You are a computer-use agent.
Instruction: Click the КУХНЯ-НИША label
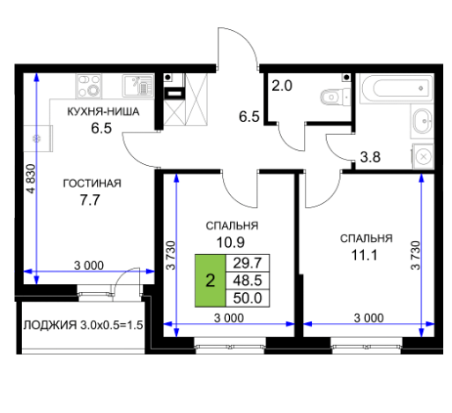click(103, 112)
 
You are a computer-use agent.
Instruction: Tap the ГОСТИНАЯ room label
click(93, 184)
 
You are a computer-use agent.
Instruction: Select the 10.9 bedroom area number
click(231, 243)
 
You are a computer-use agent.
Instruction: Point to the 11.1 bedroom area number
click(365, 255)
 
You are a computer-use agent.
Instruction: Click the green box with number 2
click(211, 281)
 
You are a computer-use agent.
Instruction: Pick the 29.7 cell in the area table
click(248, 263)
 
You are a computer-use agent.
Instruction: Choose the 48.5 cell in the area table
click(248, 281)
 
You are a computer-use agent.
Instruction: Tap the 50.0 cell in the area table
click(248, 298)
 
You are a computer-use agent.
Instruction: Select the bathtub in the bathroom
click(396, 87)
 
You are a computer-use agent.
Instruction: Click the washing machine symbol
click(423, 156)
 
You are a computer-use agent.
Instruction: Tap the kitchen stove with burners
click(89, 86)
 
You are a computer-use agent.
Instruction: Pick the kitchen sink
click(138, 86)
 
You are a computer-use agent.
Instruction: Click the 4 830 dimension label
click(31, 179)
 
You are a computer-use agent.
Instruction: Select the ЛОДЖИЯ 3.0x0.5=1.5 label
click(84, 326)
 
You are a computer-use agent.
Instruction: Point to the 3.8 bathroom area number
click(370, 157)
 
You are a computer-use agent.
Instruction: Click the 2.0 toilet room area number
click(282, 86)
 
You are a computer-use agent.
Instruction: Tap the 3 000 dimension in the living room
click(89, 266)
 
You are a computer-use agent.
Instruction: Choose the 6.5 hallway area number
click(249, 116)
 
